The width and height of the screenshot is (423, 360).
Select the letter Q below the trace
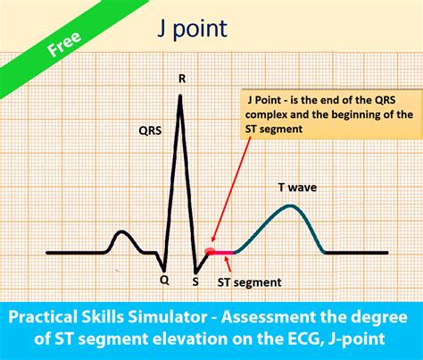coord(163,279)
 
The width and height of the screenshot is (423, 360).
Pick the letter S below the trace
coord(196,279)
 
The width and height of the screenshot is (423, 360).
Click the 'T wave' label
coord(297,188)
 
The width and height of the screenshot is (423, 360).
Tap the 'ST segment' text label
coord(250,282)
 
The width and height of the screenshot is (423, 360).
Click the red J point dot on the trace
coord(211,252)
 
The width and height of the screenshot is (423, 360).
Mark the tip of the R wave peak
coord(182,95)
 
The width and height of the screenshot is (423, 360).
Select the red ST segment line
coord(223,252)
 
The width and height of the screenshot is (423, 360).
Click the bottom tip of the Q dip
coord(163,269)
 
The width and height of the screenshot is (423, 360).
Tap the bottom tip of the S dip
coord(196,271)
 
